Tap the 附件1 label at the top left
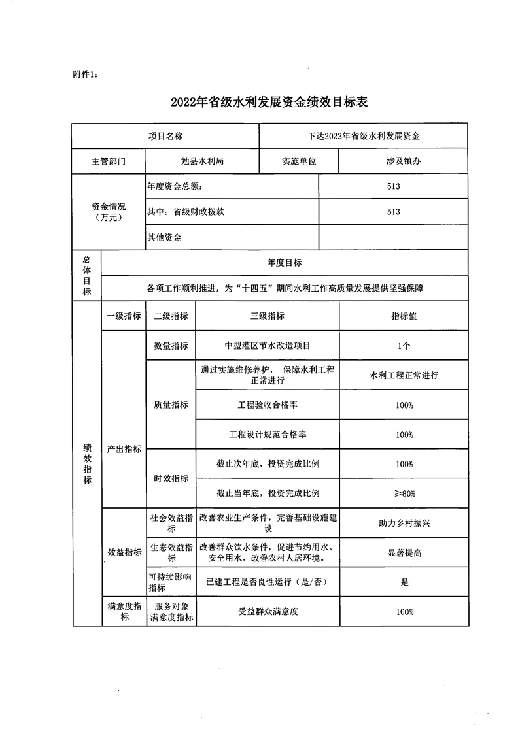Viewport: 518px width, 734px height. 85,74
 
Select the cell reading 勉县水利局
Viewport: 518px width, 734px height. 202,161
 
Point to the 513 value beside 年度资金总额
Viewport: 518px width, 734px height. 393,186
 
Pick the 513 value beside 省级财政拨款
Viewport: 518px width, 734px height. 393,212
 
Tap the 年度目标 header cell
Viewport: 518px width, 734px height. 285,263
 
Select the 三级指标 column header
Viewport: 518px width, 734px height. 268,316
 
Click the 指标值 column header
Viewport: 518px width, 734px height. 404,316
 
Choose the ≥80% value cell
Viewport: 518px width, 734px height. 404,493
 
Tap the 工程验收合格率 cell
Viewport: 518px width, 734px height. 268,405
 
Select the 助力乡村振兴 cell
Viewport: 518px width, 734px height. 404,523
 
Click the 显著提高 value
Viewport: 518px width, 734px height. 404,553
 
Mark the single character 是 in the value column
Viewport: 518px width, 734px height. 404,582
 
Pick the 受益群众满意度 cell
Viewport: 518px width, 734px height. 268,612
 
